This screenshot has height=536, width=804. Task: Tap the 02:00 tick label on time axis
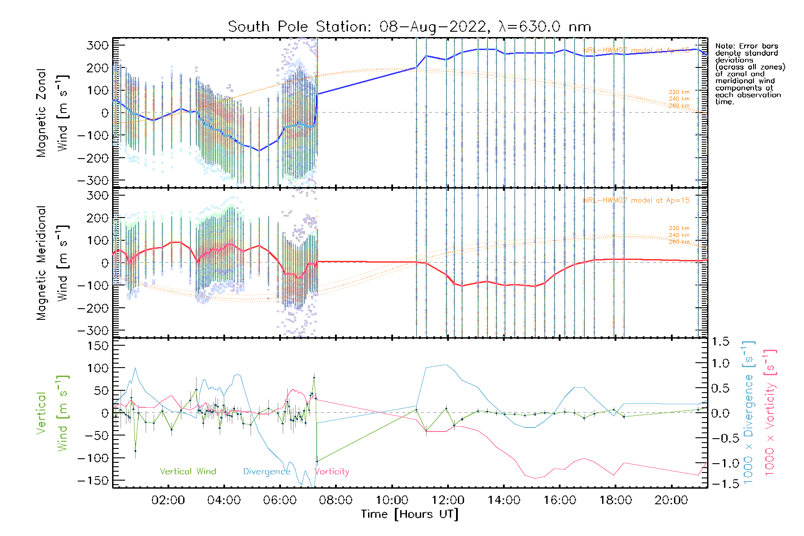tap(168, 500)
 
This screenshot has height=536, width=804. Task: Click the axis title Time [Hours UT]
tap(410, 514)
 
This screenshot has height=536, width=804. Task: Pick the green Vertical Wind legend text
tap(188, 471)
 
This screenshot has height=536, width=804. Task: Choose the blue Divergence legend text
tap(267, 472)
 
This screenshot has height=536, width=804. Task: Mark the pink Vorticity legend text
tap(331, 471)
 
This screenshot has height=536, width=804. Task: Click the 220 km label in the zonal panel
tap(679, 92)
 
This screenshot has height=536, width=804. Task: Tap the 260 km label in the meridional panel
tap(679, 242)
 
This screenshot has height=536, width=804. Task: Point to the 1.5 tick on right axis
tap(720, 342)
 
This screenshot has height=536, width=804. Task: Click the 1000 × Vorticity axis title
tap(770, 412)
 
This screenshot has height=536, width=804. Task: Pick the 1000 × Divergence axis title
tap(748, 412)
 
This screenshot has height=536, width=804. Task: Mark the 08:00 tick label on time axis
tap(335, 500)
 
